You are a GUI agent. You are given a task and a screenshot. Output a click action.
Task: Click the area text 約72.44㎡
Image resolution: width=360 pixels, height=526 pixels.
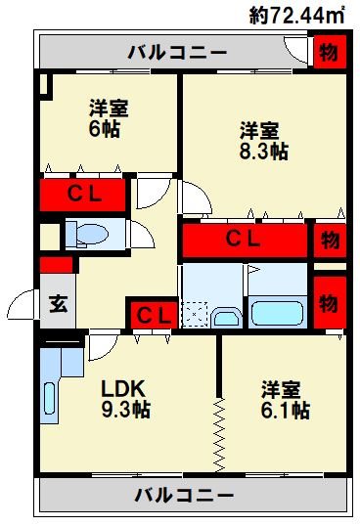(297, 16)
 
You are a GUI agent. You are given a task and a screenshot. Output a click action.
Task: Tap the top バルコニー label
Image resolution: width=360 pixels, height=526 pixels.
(177, 53)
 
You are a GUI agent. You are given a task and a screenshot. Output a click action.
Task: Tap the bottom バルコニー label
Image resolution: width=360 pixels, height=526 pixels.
(184, 495)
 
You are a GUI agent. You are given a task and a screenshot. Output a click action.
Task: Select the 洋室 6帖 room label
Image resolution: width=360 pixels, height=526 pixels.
(109, 118)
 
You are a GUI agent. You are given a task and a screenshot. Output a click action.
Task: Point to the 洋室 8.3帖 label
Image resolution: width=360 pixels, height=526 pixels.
(263, 141)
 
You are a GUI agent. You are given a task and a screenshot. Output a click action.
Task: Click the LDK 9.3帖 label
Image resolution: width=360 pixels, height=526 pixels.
(126, 399)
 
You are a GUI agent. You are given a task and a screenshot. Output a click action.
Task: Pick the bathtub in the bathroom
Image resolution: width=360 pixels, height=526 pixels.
(278, 313)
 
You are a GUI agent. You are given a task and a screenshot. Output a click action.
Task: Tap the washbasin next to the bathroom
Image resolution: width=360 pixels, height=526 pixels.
(227, 318)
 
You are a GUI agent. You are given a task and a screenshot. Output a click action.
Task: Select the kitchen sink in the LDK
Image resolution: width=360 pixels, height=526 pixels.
(49, 398)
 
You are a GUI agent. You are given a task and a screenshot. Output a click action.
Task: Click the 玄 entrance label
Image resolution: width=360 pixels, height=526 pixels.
(59, 304)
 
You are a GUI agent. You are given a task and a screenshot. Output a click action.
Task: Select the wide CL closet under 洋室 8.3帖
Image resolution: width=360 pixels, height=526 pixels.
(245, 241)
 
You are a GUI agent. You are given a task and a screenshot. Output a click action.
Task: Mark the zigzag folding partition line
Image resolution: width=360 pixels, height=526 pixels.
(219, 435)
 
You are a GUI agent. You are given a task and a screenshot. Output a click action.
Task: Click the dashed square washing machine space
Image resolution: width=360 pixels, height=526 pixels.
(195, 314)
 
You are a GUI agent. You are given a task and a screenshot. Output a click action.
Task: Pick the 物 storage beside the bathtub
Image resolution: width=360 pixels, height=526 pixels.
(330, 303)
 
